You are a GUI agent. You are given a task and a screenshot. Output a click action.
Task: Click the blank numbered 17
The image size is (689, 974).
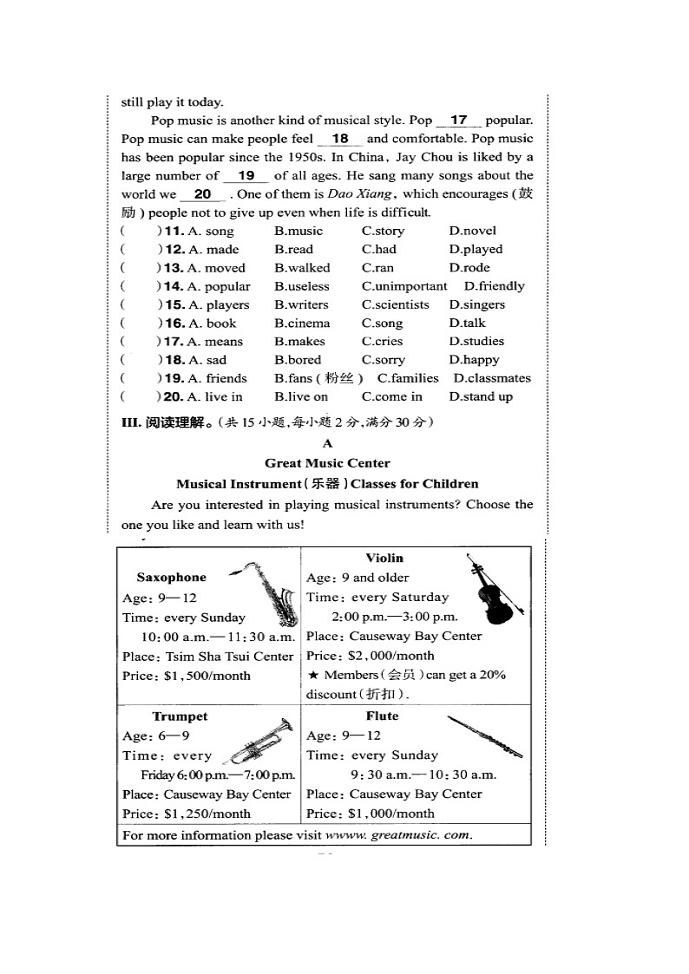pyautogui.click(x=459, y=121)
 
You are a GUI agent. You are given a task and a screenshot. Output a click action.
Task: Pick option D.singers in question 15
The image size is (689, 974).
pyautogui.click(x=476, y=304)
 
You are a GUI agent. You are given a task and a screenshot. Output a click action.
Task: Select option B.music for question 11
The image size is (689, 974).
pyautogui.click(x=299, y=231)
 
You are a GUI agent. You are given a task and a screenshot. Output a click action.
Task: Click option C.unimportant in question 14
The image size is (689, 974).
pyautogui.click(x=404, y=286)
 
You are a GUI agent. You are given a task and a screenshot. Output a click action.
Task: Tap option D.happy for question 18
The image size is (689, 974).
pyautogui.click(x=474, y=360)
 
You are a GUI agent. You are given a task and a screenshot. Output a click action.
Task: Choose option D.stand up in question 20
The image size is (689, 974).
pyautogui.click(x=481, y=396)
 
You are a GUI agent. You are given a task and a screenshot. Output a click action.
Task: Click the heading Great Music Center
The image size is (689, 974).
pyautogui.click(x=327, y=463)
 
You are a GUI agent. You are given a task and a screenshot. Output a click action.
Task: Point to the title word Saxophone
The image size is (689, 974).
pyautogui.click(x=172, y=578)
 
